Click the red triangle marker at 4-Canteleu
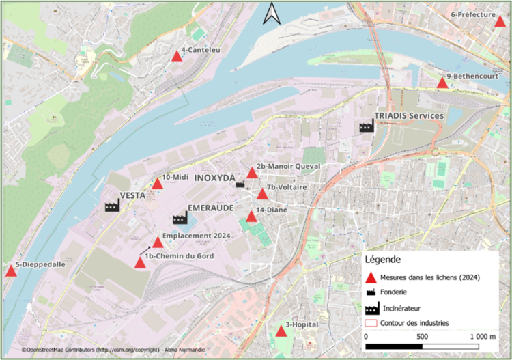point(176,57)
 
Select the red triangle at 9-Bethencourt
point(442,83)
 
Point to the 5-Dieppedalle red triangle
point(11,271)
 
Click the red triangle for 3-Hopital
point(281,332)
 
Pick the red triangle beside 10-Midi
point(157,184)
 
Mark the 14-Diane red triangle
point(251,217)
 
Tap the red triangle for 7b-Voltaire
point(262,194)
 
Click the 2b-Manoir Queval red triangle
point(253,173)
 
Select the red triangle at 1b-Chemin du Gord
point(140,262)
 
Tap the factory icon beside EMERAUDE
point(180,219)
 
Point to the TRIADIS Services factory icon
point(367,126)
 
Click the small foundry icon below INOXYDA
point(240,184)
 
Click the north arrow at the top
point(272,14)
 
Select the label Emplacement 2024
point(197,236)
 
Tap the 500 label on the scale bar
point(422,337)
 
